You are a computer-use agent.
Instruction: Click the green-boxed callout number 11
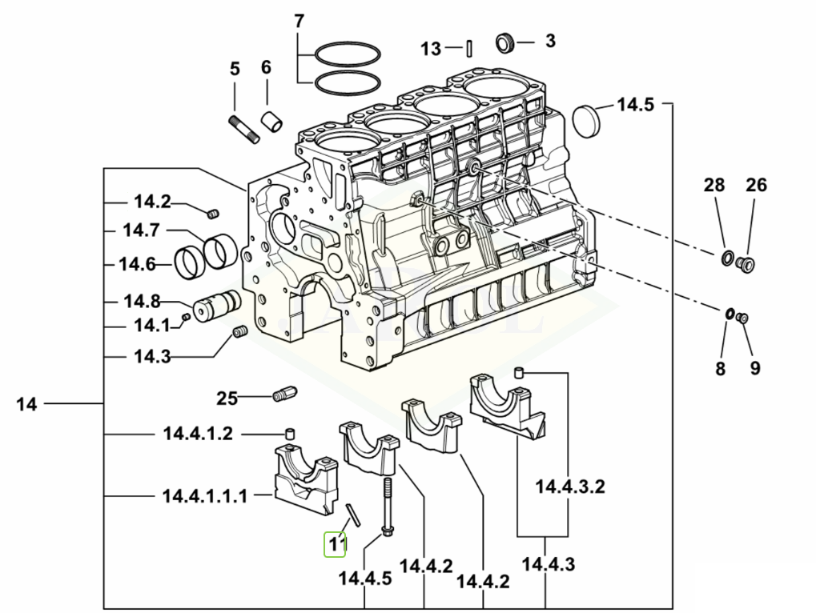335,544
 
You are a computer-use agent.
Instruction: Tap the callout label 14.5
635,105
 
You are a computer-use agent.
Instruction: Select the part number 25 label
227,399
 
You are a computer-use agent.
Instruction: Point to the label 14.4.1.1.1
205,496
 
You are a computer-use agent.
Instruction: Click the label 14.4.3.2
570,487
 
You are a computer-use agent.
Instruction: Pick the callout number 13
431,49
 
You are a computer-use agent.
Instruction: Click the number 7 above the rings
299,22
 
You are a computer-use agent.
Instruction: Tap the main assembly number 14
26,404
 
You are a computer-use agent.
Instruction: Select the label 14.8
142,301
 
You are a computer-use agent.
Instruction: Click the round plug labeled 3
505,42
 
